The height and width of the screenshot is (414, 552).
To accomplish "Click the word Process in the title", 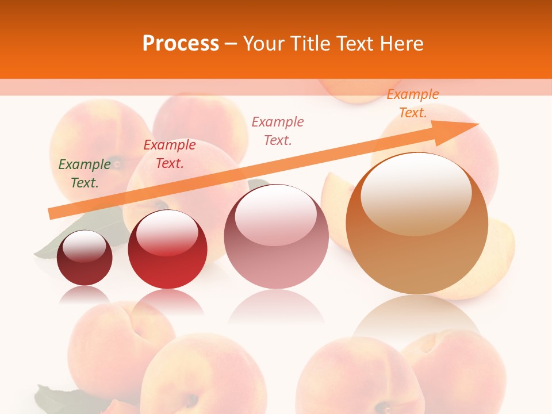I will click(181, 43).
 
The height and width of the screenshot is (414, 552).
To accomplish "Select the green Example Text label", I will click(85, 174).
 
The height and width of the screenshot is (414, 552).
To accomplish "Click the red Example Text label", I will click(170, 154).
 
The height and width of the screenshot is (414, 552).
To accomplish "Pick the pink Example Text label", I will click(278, 131).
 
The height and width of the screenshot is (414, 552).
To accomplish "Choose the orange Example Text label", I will click(412, 103).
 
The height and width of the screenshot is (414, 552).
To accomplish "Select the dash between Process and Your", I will click(231, 44).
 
